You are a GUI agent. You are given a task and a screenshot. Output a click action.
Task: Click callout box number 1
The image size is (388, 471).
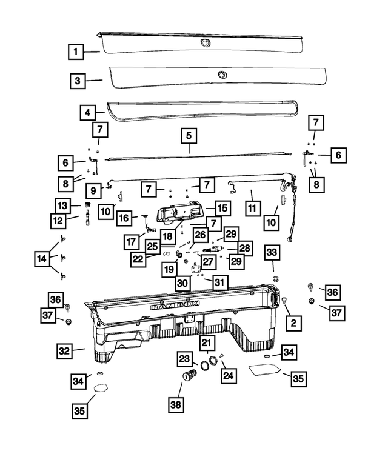pos(76,52)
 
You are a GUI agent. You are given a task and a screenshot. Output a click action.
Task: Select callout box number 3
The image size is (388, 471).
pos(78,81)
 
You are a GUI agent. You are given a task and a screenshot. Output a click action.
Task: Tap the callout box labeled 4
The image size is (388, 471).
pos(88,113)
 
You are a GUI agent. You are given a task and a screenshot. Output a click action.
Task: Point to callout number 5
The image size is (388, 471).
pos(189,135)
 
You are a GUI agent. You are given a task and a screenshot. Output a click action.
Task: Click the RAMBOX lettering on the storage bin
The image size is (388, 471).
pos(175,305)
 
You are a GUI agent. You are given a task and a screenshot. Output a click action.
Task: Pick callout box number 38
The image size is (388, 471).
pos(176,404)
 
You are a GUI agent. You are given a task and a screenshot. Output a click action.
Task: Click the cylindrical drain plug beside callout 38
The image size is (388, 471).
pos(189,375)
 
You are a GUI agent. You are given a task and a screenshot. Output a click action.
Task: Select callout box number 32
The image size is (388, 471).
pos(65,351)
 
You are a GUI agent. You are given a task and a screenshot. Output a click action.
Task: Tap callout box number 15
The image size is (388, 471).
pos(222,208)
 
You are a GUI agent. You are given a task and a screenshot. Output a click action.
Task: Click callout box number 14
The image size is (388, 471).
pos(42,258)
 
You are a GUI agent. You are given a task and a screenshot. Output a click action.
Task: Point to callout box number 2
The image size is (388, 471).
pos(293,323)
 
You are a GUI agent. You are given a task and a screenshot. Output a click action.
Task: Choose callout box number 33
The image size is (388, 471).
pos(272,252)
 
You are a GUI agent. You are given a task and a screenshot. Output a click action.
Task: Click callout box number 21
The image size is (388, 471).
pos(207,342)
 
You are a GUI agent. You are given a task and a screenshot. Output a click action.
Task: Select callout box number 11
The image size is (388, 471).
pos(252,208)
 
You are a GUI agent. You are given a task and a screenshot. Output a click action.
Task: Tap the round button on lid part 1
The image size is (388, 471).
pos(206,43)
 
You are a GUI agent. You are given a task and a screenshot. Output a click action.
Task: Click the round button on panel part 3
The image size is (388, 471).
pos(222,74)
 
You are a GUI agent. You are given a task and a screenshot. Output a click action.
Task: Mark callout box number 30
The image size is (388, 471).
pos(182,283)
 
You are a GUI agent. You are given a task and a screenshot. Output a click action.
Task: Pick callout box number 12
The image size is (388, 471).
pos(58,221)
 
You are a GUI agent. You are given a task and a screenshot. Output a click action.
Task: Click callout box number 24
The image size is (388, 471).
pos(229,375)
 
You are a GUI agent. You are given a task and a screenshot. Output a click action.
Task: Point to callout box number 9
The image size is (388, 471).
pos(93,190)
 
